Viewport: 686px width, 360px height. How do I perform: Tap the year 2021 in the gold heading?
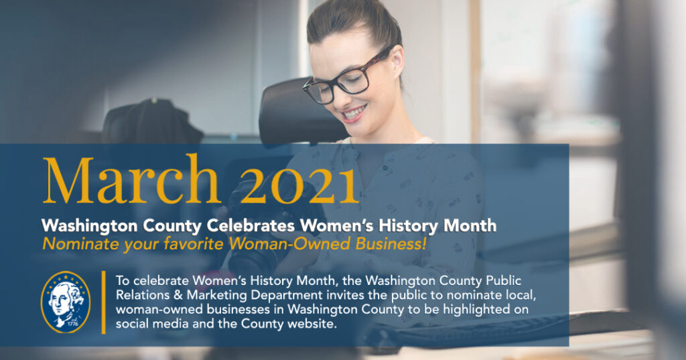pyautogui.click(x=298, y=180)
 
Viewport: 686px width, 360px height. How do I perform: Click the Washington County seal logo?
pyautogui.click(x=65, y=302)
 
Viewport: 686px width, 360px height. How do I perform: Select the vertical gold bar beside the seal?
pyautogui.click(x=104, y=302)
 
